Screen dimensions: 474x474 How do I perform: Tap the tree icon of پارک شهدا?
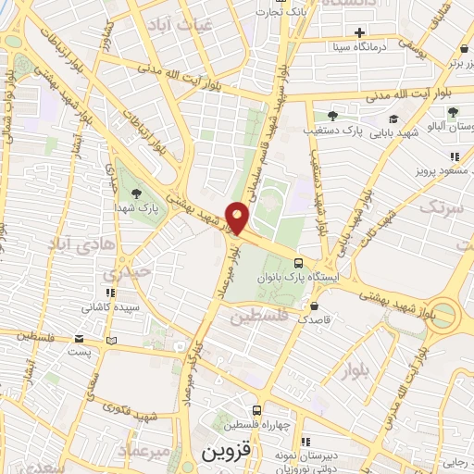point(137,193)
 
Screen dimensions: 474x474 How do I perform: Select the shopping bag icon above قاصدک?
point(316,306)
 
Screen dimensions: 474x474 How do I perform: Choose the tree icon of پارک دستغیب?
point(331,116)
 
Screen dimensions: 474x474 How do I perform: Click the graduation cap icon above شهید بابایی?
point(393,119)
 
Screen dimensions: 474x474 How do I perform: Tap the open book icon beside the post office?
point(112,340)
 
